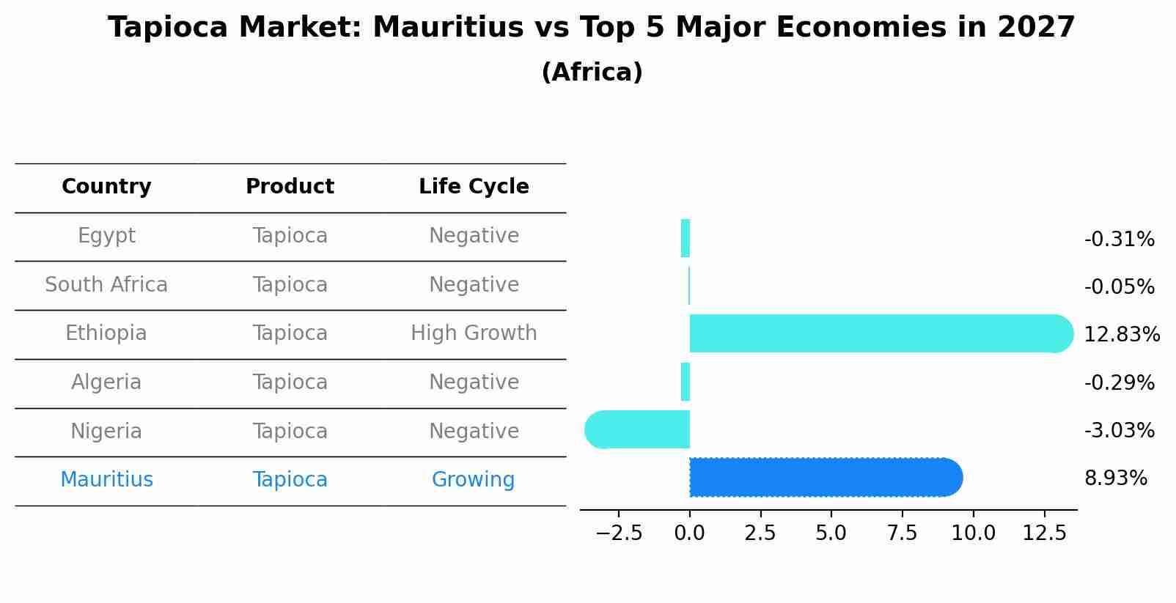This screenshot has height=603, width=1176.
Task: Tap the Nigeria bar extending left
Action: [638, 429]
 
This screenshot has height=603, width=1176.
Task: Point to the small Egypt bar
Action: [686, 238]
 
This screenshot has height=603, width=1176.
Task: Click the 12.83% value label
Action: [1122, 335]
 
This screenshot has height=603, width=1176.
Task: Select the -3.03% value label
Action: [1119, 431]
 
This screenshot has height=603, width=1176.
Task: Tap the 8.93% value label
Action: [1115, 478]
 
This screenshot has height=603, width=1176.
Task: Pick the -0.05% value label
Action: [1119, 287]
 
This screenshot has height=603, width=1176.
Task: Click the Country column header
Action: [106, 187]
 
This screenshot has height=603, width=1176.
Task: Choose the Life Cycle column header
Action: [474, 187]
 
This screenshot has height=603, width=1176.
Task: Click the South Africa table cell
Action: [106, 285]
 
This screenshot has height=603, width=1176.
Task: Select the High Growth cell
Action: [474, 333]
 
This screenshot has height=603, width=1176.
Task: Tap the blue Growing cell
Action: [473, 480]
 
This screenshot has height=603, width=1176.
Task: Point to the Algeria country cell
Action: [106, 382]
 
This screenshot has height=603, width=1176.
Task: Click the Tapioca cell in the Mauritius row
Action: [290, 480]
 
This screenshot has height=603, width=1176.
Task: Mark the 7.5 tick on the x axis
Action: [902, 533]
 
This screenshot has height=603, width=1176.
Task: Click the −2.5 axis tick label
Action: [619, 533]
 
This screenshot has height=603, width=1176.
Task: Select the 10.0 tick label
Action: [973, 533]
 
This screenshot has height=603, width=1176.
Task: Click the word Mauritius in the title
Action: [433, 29]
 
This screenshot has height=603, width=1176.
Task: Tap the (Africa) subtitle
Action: [592, 73]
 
